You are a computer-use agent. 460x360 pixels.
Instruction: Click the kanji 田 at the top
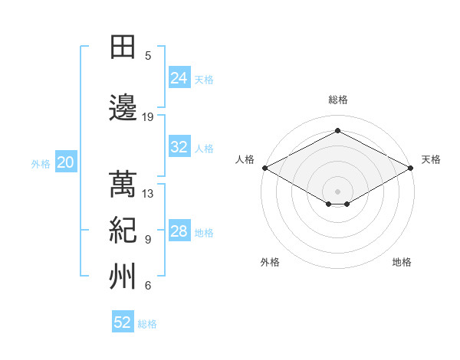[x=123, y=47]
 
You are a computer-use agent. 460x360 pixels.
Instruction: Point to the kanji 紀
[x=123, y=231]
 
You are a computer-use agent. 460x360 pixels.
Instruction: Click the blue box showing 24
[x=179, y=78]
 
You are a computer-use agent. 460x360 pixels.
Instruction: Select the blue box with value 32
[x=179, y=148]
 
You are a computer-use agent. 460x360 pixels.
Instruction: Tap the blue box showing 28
[x=179, y=232]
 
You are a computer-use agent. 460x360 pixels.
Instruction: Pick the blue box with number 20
[x=66, y=162]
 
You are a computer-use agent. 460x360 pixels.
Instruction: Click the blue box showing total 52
[x=123, y=322]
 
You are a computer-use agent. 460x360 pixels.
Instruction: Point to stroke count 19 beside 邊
[x=148, y=117]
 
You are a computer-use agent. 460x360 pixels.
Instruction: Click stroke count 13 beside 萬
[x=148, y=194]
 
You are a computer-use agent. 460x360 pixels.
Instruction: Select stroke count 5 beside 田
[x=148, y=56]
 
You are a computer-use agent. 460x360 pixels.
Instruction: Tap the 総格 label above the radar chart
[x=337, y=100]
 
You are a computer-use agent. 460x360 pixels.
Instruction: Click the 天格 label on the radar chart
[x=431, y=159]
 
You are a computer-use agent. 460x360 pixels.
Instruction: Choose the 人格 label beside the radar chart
[x=245, y=159]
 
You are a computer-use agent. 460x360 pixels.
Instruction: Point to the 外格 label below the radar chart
[x=270, y=262]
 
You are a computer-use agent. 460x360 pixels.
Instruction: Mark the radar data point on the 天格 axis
[x=411, y=168]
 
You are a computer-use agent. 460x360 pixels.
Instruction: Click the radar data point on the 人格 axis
[x=264, y=168]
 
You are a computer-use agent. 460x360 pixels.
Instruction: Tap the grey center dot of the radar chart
[x=337, y=190]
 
